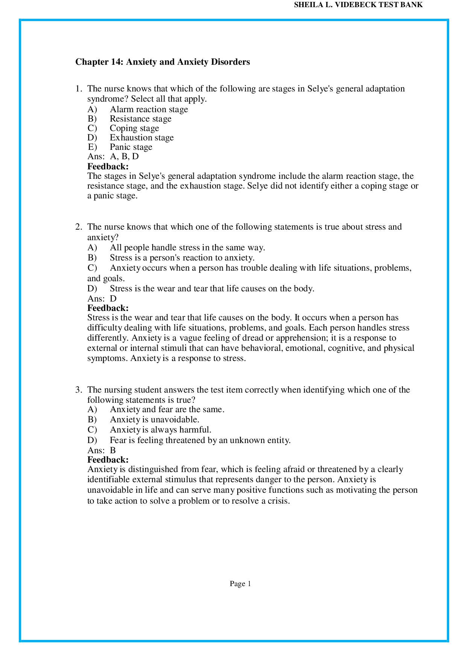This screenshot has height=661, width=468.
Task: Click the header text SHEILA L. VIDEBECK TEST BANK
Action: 358,5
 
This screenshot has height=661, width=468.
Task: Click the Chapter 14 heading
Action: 163,62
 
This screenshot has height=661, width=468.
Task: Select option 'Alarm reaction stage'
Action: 149,110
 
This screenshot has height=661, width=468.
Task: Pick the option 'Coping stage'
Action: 134,128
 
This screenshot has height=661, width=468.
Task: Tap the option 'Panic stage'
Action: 131,147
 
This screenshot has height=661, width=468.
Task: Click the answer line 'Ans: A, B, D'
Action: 113,157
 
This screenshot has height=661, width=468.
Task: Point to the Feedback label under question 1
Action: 108,166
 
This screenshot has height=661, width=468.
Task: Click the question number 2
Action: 78,227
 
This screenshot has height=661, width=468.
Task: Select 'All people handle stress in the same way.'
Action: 187,248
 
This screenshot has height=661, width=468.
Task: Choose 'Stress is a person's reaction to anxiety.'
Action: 182,258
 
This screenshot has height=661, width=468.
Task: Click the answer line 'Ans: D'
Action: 102,299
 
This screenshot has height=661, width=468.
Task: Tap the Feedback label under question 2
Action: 108,308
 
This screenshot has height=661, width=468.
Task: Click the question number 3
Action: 78,390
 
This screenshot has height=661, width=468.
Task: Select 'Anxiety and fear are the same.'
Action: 167,410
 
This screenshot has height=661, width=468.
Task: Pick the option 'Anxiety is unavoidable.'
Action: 154,420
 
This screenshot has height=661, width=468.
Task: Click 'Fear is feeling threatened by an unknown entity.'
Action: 200,440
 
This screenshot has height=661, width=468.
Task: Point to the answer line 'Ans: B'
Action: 102,451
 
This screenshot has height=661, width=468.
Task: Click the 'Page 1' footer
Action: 240,584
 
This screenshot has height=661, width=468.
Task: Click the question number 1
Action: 78,89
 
